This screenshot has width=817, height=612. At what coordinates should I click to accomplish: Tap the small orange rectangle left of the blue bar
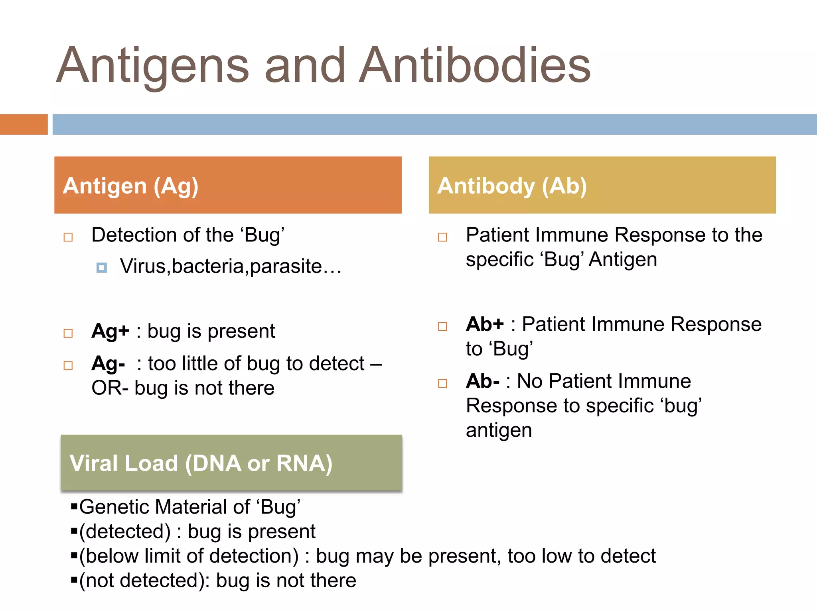tap(24, 124)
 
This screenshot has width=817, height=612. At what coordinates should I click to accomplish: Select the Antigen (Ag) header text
tap(130, 186)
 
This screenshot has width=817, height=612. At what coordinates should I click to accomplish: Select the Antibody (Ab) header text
tap(512, 186)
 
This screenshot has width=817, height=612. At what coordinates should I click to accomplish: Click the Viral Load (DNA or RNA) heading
tap(201, 463)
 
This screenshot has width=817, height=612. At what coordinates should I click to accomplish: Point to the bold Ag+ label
tap(110, 331)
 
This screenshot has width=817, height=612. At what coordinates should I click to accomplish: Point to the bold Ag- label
tap(108, 364)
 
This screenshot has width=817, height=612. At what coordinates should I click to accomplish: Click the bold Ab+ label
tap(485, 324)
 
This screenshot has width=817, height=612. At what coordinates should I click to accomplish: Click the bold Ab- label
tap(482, 381)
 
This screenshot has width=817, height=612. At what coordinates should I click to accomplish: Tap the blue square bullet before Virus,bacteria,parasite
tap(102, 268)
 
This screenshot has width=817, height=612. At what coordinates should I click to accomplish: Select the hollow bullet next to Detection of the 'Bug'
tap(68, 237)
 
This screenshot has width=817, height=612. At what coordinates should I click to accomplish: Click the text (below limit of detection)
tap(189, 556)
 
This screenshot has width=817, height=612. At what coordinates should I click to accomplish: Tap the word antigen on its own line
tap(499, 431)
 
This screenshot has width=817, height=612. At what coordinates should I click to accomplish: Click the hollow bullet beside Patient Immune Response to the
tap(442, 237)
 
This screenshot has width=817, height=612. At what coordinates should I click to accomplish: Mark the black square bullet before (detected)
tap(74, 531)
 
